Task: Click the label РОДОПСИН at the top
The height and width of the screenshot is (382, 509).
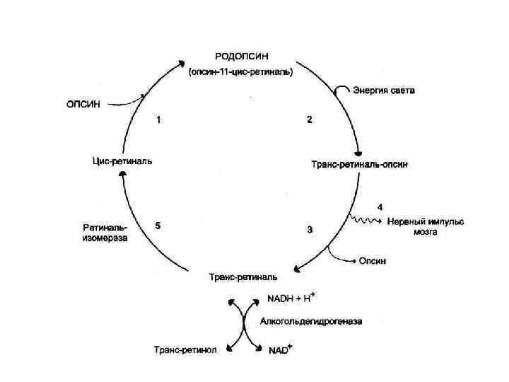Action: (x=242, y=55)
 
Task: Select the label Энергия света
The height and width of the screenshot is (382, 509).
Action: (x=385, y=91)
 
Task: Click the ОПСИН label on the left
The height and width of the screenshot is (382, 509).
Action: (x=84, y=104)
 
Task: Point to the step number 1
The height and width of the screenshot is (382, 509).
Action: (x=158, y=120)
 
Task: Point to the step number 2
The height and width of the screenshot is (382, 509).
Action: (x=309, y=120)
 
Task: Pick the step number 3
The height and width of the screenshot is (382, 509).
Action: (x=310, y=229)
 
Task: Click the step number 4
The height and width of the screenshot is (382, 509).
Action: (x=380, y=207)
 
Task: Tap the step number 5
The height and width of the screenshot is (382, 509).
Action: (x=158, y=225)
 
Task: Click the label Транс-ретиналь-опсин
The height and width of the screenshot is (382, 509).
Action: (x=360, y=164)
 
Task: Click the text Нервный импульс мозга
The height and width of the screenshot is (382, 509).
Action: (x=426, y=226)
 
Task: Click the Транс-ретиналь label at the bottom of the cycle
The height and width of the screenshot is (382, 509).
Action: (x=242, y=276)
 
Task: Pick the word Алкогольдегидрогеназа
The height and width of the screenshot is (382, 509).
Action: (x=311, y=322)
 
